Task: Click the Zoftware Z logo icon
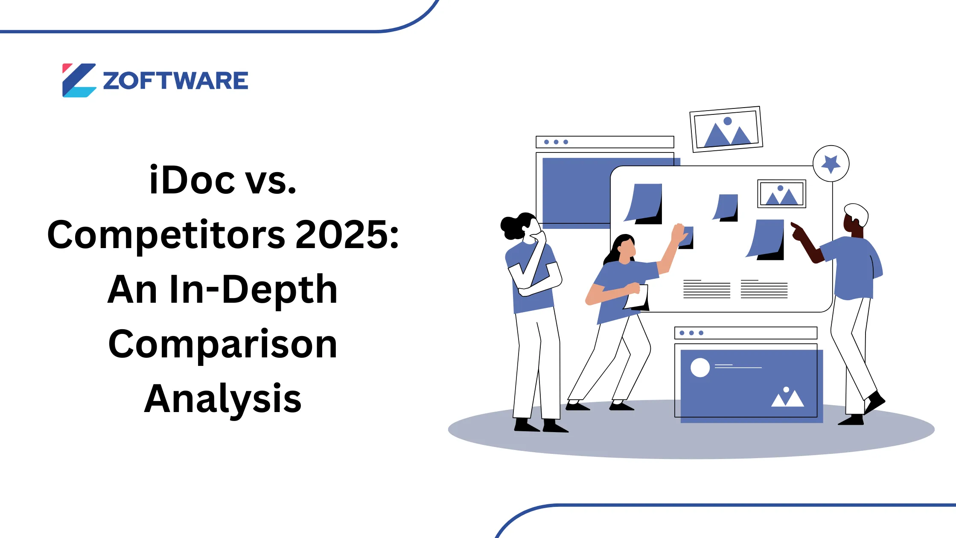79,80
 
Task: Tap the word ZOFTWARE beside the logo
175,81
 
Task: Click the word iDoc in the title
192,180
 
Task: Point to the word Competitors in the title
166,235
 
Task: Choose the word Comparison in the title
223,344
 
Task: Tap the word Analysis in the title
223,398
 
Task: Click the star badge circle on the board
831,164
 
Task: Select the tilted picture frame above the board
726,129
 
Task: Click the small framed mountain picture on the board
781,194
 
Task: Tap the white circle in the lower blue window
700,367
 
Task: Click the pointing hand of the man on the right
796,231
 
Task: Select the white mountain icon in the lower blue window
787,398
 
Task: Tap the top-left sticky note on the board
645,203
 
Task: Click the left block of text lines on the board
707,289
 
